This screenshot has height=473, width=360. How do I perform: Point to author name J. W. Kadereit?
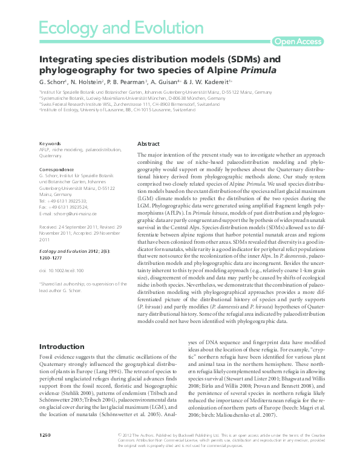[212, 81]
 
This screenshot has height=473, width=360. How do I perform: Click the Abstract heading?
[149, 145]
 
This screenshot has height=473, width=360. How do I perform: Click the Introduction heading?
[61, 347]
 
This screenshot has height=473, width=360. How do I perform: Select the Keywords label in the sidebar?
[49, 143]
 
